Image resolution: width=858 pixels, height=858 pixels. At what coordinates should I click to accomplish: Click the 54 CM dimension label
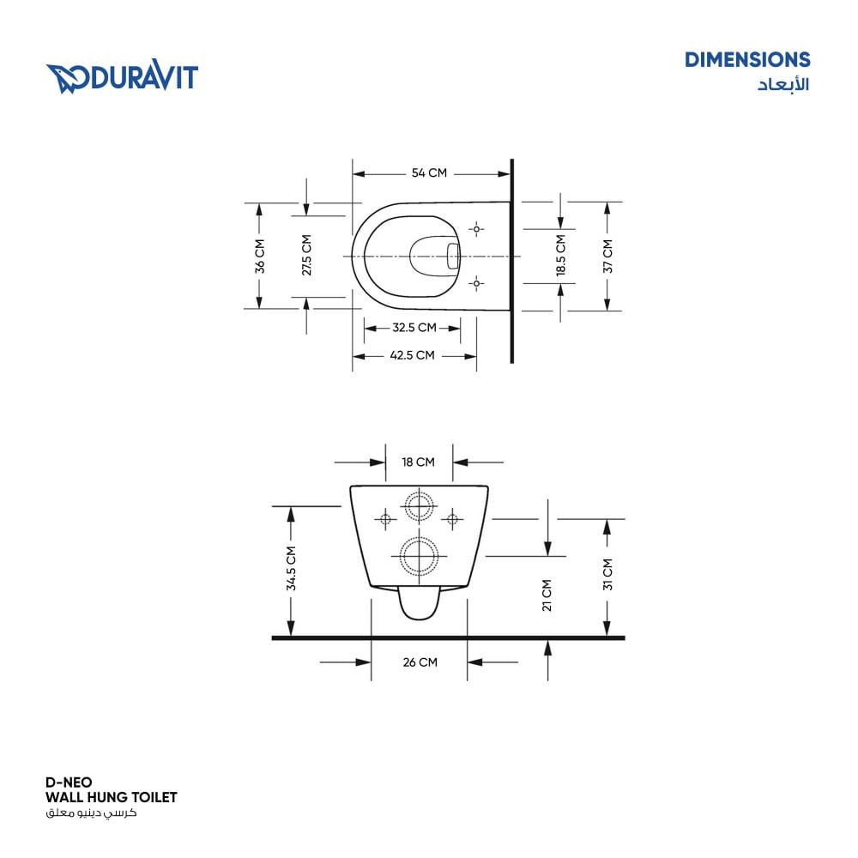coord(429,173)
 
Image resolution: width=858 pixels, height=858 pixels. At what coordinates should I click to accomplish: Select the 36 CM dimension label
coord(260,256)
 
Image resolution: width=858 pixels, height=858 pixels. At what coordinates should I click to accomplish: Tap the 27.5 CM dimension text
coord(306,255)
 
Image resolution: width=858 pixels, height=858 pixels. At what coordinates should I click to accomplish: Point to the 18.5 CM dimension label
coord(561,255)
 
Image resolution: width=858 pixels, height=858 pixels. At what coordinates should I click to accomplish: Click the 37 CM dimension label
coord(608,256)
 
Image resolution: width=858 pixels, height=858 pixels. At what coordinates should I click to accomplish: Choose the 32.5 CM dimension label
coord(414,328)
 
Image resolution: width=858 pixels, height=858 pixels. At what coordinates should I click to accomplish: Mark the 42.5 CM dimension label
coord(412,355)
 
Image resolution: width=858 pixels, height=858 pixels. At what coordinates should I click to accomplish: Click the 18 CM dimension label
coord(418,462)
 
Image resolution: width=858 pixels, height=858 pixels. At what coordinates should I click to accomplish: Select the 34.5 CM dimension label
coord(291,568)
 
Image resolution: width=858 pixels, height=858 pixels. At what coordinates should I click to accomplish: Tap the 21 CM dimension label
coord(547,595)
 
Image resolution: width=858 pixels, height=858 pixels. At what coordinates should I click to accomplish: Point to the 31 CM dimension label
coord(608,575)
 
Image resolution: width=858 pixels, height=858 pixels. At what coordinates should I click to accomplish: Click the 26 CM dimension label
coord(420,662)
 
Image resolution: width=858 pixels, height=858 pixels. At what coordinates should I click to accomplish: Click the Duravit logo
coord(122,76)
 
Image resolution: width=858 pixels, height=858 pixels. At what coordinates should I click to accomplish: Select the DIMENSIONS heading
coord(747,60)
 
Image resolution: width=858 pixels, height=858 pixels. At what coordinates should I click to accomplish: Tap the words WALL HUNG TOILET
coord(112,797)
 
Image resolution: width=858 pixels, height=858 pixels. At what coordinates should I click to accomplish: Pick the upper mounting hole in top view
coord(476,229)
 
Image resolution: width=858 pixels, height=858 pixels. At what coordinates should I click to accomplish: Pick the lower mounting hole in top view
coord(476,283)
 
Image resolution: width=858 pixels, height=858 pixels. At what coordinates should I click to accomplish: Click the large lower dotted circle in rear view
coord(420,556)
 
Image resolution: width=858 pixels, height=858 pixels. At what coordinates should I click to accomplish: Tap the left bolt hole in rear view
coord(386,518)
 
